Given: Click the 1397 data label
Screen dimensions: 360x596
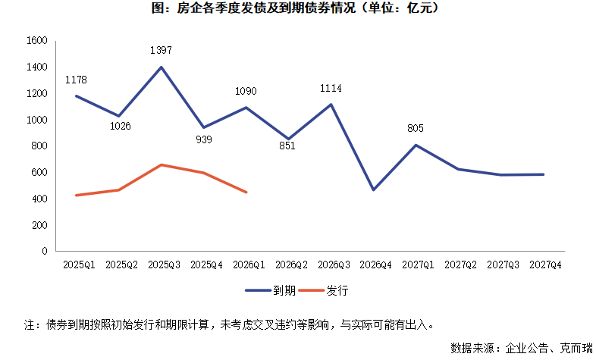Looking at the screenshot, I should click(x=161, y=51).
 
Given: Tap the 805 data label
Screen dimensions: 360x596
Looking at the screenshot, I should click(x=415, y=128).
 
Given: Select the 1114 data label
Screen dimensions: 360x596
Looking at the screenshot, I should click(x=330, y=88).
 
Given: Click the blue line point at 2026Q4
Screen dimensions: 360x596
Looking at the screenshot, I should click(x=373, y=189).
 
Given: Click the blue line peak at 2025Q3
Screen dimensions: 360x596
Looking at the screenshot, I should click(x=161, y=67).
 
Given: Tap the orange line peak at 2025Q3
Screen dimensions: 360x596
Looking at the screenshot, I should click(x=161, y=164).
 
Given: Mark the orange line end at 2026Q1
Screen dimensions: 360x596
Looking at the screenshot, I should click(x=246, y=192).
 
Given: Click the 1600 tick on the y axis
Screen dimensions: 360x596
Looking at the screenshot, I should click(x=36, y=41).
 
